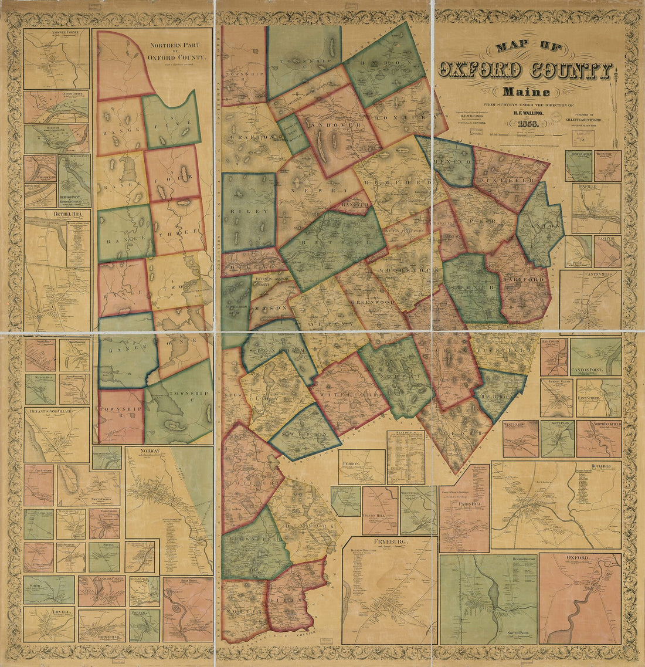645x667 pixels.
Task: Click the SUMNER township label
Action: [472, 289]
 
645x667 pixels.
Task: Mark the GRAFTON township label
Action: [252, 137]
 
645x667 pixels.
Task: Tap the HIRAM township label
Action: [293, 599]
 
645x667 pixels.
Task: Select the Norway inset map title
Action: [151, 451]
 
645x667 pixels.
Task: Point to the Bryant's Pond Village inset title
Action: [47, 412]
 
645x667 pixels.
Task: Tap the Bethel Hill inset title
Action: [56, 215]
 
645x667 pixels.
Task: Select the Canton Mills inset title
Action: [591, 274]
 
